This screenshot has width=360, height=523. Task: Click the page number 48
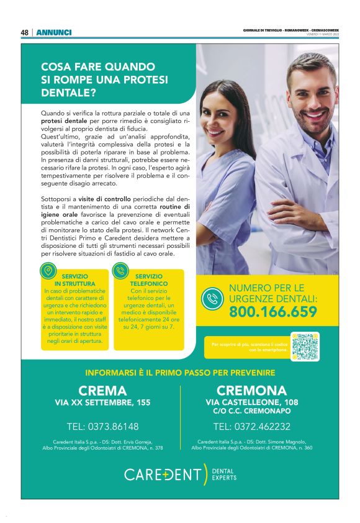[x=24, y=32]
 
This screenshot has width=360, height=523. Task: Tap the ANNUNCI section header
[x=53, y=32]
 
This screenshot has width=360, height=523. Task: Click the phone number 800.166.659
[x=273, y=312]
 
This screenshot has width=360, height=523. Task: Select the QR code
[x=305, y=346]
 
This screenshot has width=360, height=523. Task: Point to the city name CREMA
[x=102, y=391]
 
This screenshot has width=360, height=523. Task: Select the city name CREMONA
[x=251, y=391]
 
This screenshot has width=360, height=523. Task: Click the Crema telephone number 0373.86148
[x=102, y=427]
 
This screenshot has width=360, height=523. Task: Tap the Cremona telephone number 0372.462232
[x=251, y=427]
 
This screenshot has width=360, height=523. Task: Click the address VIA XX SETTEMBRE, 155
[x=102, y=403]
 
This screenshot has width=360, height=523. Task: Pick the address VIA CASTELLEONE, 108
[x=251, y=402]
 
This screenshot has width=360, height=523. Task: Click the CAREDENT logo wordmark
[x=163, y=475]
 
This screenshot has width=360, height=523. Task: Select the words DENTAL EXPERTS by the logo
[x=223, y=475]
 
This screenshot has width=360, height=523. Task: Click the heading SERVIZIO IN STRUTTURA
[x=74, y=280]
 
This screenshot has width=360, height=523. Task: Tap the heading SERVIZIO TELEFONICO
[x=148, y=280]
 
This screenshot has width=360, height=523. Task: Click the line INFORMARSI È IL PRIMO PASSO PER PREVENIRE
[x=180, y=373]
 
